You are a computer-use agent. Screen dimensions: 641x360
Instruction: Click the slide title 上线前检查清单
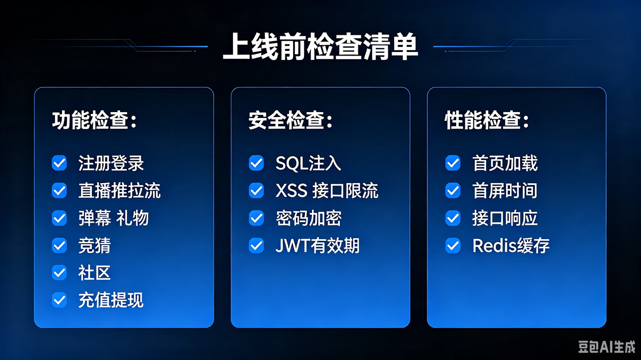coord(320,46)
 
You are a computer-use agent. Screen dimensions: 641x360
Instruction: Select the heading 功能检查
coord(90,121)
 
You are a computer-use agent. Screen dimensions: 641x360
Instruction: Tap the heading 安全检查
coord(286,121)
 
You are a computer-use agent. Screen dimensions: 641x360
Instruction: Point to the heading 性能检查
coord(483,121)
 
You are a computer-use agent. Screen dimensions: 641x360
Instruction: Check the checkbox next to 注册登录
coord(59,163)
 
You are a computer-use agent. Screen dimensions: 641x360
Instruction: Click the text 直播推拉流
coord(119,191)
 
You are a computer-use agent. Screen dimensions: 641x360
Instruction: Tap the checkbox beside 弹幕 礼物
coord(59,218)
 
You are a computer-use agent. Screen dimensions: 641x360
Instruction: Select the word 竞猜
coord(95,246)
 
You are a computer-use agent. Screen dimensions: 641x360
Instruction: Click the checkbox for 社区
coord(59,272)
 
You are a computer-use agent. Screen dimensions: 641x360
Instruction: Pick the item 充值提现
coord(111,300)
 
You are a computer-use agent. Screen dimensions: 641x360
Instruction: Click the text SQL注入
coord(308,163)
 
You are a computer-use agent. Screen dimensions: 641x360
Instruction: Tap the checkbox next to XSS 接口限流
coord(256,191)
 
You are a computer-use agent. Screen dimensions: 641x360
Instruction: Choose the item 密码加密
coord(309,218)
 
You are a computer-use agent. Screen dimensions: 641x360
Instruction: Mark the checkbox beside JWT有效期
coord(256,246)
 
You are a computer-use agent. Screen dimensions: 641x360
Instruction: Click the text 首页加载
coord(505,163)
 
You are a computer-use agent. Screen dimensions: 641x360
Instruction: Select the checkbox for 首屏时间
coord(453,191)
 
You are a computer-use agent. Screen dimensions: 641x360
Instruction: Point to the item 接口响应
coord(505,218)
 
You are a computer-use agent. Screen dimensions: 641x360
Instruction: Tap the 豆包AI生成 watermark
coord(606,347)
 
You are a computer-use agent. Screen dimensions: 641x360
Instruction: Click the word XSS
coord(292,191)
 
